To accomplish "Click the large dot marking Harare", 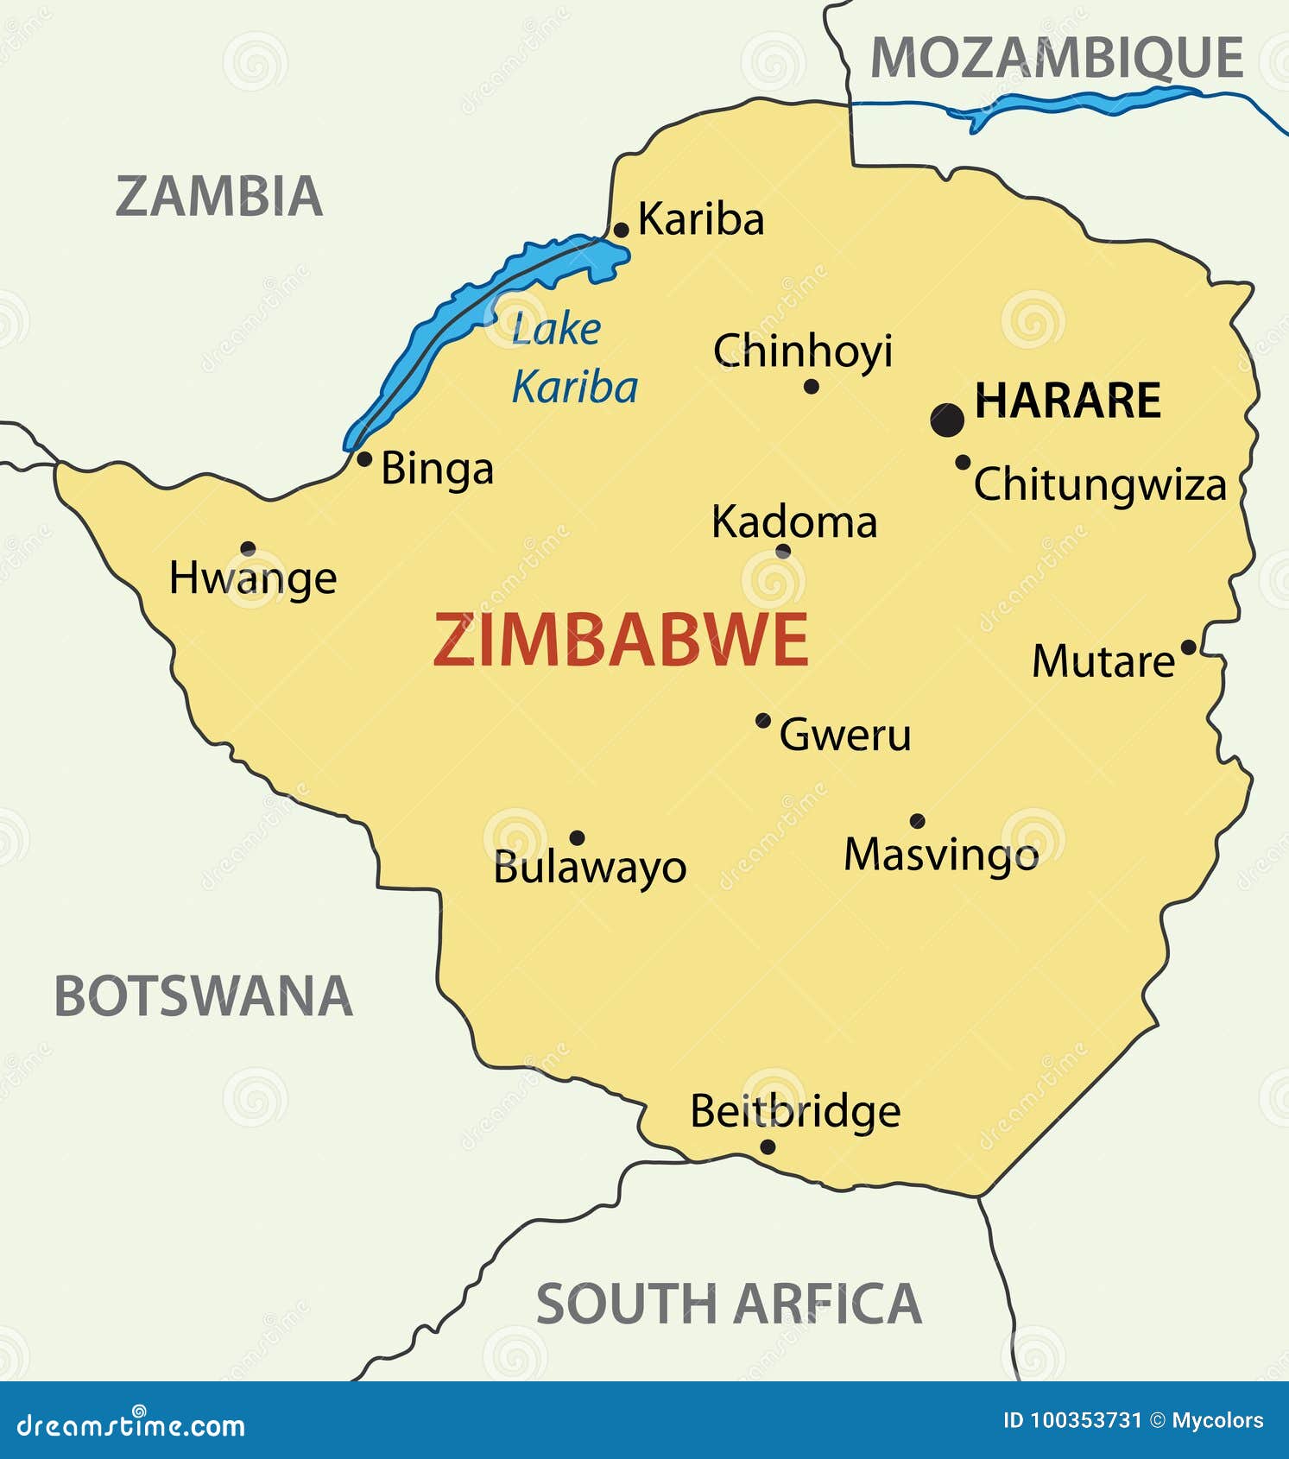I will point(947,420).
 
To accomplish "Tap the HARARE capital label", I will point(1068,401).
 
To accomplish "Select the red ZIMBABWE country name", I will point(620,640).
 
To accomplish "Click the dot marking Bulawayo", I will point(578,837).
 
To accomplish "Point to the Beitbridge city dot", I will point(768,1146).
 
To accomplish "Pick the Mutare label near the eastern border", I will point(1103,662).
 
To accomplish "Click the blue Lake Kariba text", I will point(574,357).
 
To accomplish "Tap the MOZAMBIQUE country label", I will point(1056,59).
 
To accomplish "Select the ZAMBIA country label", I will point(219,196).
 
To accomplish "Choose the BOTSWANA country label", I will point(204,995).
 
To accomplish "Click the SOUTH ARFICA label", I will point(729,1304).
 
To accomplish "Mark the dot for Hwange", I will point(248,548).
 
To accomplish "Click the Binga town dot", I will point(364,458).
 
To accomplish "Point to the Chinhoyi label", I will point(802,351).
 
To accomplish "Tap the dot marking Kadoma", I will point(783,551).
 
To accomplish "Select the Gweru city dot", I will point(763,720).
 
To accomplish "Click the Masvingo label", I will point(940,855).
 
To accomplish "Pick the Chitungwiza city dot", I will point(963,462).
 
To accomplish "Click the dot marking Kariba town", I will point(621,230).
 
